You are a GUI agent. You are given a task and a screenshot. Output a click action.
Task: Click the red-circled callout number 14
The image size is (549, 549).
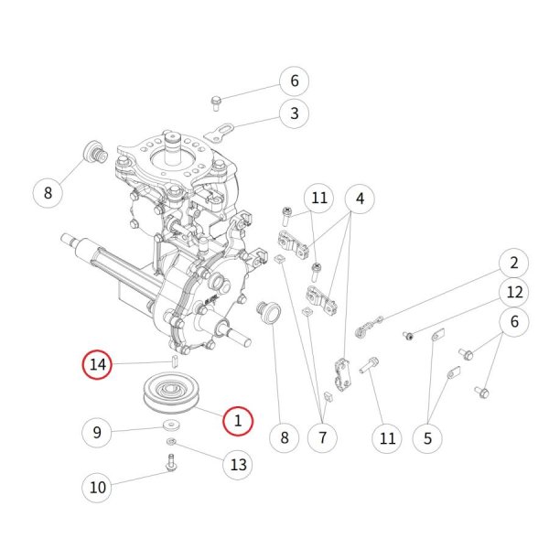[x=97, y=364]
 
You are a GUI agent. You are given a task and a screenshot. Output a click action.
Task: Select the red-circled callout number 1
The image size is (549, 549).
[x=238, y=421]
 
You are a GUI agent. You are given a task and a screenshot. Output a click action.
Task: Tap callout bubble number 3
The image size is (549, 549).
[x=294, y=113]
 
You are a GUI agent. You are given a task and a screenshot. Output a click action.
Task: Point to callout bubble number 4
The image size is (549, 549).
[x=360, y=199]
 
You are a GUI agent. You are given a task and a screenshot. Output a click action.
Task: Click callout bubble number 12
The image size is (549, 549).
[x=514, y=292]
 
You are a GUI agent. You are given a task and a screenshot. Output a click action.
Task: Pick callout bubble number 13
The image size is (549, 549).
[x=238, y=465]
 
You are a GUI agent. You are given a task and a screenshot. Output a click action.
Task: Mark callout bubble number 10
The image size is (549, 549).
[x=97, y=487]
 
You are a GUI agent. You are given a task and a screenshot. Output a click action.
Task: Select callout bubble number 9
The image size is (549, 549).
[x=97, y=433]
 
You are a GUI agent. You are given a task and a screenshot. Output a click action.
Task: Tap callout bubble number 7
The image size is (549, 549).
[x=322, y=437]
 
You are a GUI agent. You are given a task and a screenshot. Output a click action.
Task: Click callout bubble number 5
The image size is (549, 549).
[x=427, y=438]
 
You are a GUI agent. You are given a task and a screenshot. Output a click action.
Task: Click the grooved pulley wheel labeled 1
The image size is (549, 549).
[x=172, y=393]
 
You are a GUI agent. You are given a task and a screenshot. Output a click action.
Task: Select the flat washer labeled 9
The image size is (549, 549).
[x=172, y=425]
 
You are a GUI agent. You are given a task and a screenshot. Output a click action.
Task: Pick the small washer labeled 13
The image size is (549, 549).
[x=171, y=442]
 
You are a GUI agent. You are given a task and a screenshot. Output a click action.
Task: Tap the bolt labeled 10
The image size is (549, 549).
[x=171, y=462]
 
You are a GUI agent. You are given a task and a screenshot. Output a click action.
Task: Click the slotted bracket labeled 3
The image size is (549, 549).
[x=219, y=132]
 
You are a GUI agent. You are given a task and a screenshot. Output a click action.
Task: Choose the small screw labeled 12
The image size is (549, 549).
[x=407, y=336]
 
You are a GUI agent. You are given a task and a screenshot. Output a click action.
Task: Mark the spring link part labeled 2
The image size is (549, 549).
[x=369, y=327]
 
